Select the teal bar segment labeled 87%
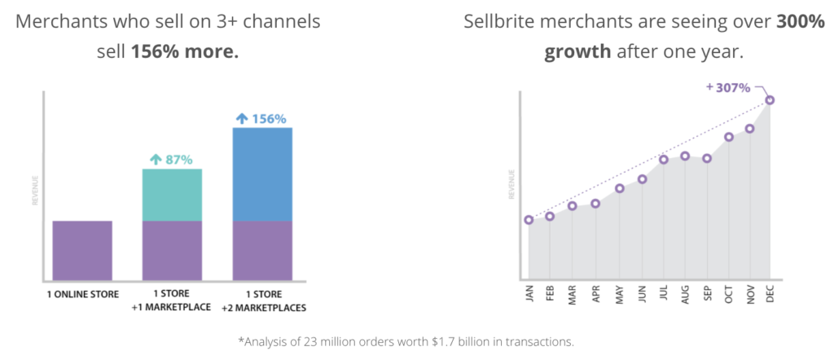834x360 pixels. click(172, 195)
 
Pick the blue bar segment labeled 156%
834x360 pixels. click(262, 173)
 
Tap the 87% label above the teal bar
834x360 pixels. click(172, 160)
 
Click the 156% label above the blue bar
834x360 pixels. click(261, 119)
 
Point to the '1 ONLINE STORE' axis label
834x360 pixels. click(82, 294)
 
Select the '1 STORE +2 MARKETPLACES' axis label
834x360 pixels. click(262, 301)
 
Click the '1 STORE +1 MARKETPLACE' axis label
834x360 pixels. click(172, 301)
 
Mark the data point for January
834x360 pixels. click(529, 220)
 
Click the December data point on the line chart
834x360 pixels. click(770, 100)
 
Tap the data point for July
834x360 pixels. click(664, 160)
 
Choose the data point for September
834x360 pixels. click(707, 158)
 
